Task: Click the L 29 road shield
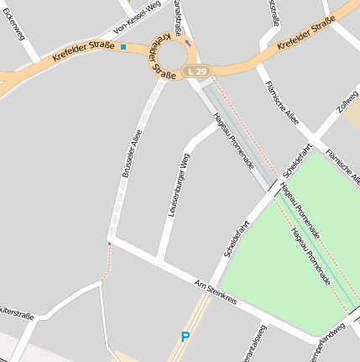coord(197,72)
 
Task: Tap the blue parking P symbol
coord(185,338)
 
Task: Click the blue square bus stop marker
coord(123,47)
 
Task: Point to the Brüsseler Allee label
coord(132,154)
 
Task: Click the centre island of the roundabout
coord(173,56)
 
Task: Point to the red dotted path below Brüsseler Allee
coord(106,265)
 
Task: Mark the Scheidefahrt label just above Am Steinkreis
coord(237,238)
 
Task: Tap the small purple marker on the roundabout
coord(188,43)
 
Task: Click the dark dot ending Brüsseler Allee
coord(109,244)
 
